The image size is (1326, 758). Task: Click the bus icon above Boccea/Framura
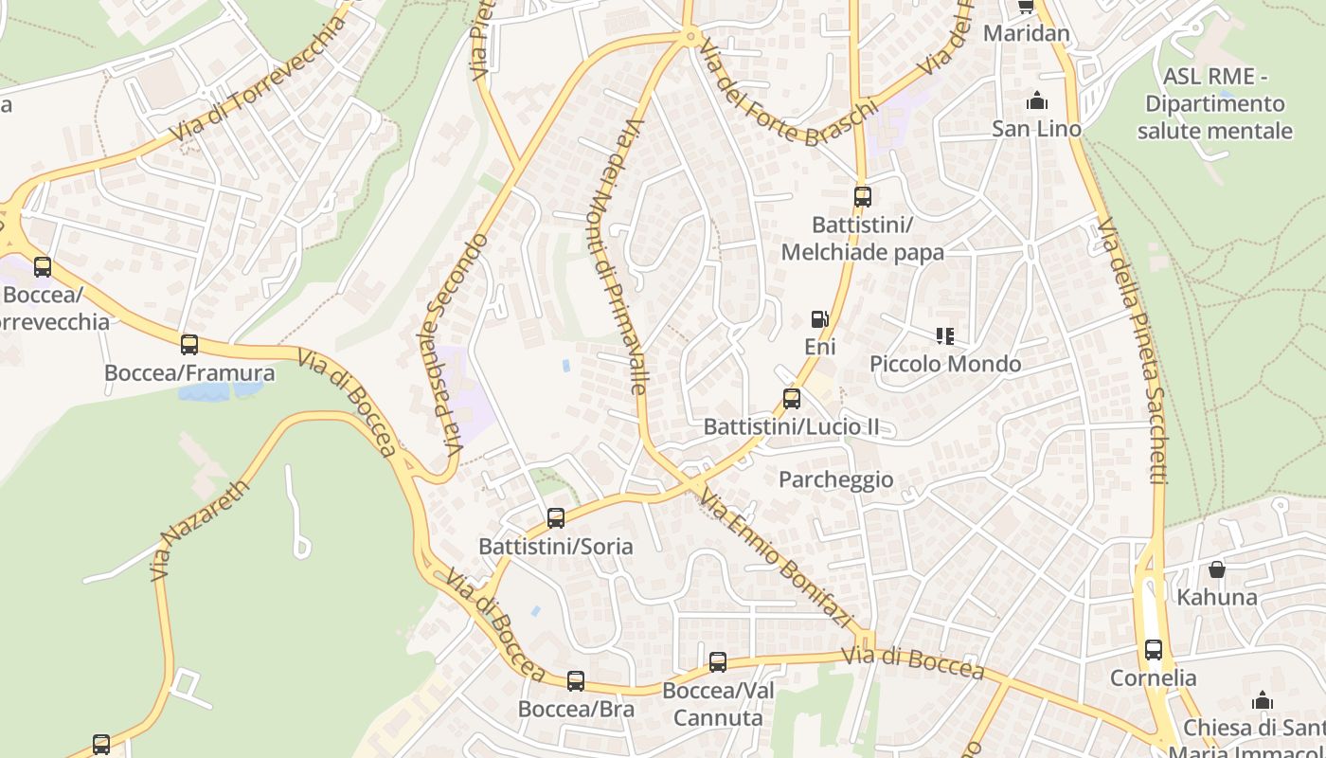tap(189, 344)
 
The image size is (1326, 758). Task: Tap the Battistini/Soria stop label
tap(555, 547)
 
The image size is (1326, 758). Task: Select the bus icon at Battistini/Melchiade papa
tap(862, 197)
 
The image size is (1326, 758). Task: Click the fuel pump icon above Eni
tap(819, 320)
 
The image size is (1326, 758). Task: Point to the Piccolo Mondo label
tap(945, 364)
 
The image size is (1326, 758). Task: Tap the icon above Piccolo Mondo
tap(944, 336)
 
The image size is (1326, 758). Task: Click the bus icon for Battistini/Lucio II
tap(792, 399)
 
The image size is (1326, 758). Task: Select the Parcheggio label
tap(835, 479)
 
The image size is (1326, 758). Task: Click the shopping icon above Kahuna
tap(1216, 569)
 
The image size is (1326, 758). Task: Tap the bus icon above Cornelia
tap(1153, 650)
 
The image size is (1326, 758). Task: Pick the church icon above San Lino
tap(1037, 100)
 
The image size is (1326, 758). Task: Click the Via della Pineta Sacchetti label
tap(1133, 351)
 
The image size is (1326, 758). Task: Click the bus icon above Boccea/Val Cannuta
tap(718, 662)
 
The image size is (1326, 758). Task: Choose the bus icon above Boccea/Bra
tap(576, 681)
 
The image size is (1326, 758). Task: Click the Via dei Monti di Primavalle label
tap(622, 256)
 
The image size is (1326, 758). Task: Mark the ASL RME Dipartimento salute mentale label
tap(1214, 103)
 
